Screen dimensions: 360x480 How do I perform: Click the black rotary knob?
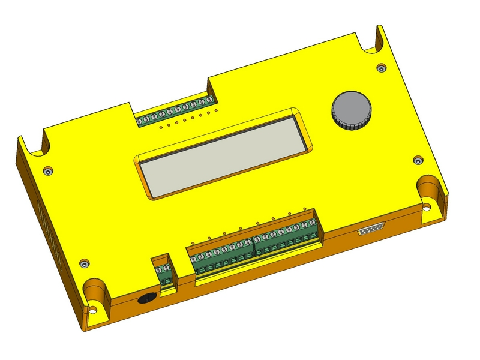(x=352, y=110)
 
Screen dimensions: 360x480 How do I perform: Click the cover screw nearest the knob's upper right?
(x=381, y=68)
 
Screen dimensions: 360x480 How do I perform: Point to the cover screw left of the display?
(x=49, y=170)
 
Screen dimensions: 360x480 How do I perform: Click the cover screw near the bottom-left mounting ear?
(x=85, y=263)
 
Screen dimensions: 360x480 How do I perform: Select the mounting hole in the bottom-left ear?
(x=93, y=310)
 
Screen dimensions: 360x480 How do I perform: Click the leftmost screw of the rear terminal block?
(x=140, y=121)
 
